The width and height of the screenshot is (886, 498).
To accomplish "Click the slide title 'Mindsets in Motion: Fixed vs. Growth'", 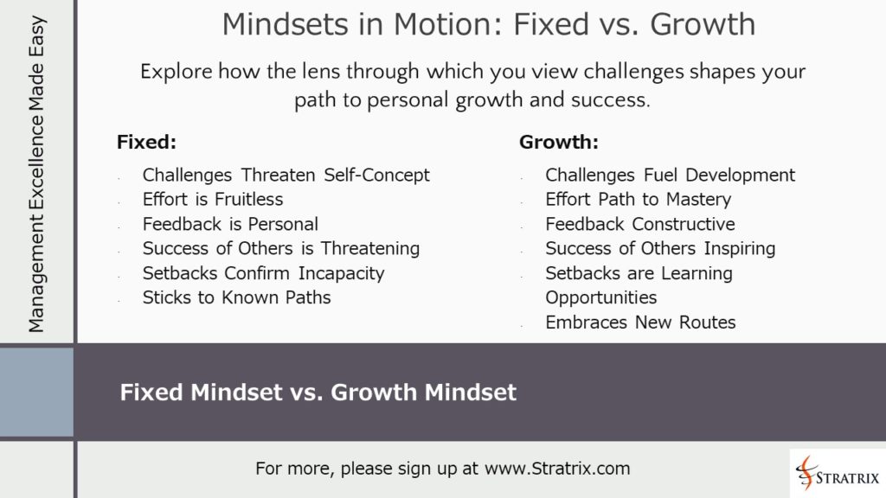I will [488, 24].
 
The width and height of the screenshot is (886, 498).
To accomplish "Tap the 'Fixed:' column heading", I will [146, 142].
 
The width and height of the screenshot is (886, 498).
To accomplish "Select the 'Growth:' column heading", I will [559, 142].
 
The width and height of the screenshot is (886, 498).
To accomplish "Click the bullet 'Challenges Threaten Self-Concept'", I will [286, 175].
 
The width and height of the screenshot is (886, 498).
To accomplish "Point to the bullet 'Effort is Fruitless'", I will [213, 199].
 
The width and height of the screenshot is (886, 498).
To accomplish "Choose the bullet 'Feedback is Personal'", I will [230, 224].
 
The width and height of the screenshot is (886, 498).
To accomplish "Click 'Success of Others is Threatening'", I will [281, 248].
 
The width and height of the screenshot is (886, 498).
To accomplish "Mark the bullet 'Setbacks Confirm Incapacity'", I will [263, 273].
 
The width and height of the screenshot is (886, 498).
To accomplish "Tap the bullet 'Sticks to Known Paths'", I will [236, 297].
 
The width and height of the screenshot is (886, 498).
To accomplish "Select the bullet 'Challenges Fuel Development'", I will [670, 175].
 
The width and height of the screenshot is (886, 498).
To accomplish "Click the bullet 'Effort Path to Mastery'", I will [638, 199].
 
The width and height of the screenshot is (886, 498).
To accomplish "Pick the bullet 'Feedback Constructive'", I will [639, 224].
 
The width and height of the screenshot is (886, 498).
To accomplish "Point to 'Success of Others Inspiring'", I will [660, 248].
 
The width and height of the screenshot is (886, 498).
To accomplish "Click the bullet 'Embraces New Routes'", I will [640, 322].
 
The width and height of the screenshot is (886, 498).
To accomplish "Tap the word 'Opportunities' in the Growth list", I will [600, 297].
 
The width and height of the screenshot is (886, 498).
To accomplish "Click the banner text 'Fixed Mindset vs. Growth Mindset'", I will [318, 393].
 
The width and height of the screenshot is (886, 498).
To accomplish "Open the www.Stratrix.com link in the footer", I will [557, 469].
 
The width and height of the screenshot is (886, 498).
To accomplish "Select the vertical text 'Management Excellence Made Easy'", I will [36, 173].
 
